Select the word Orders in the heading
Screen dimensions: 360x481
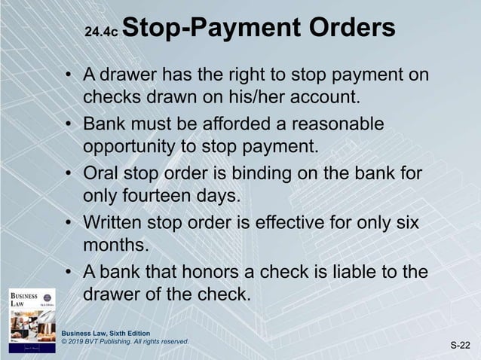(x=349, y=29)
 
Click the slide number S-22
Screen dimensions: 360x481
(x=461, y=346)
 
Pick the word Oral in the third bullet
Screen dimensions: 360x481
(x=102, y=175)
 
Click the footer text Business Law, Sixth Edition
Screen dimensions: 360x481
(x=106, y=333)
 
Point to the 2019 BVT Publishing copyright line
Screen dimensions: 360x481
(x=124, y=341)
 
